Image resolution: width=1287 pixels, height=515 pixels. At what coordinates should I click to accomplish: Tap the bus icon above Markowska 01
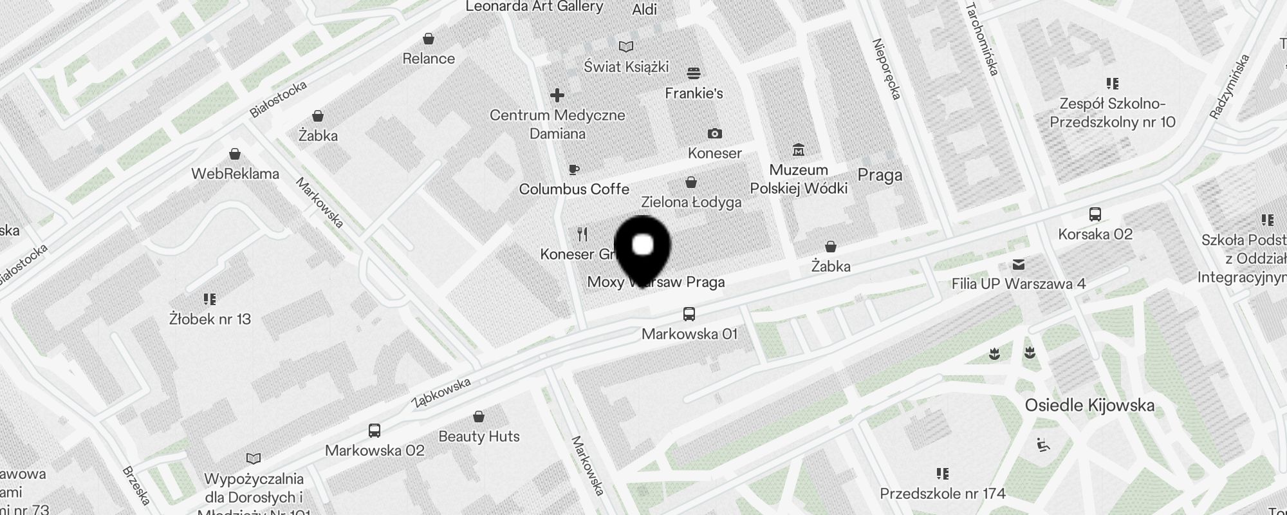point(689,314)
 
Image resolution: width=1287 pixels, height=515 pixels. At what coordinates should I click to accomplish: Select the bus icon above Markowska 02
point(375,430)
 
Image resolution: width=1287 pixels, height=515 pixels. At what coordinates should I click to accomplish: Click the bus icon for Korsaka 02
point(1095,214)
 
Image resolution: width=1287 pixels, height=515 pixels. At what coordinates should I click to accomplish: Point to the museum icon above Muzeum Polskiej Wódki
point(799,149)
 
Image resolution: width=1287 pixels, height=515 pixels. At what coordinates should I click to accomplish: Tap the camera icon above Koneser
point(714,133)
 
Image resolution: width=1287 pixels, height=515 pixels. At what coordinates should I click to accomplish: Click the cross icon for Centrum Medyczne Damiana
point(557,95)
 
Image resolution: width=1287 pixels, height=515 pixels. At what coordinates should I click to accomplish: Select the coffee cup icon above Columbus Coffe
point(573,169)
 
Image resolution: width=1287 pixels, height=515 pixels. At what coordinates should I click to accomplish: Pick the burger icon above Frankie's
point(693,73)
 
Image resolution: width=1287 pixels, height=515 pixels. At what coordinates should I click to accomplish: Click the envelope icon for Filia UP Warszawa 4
point(1018,264)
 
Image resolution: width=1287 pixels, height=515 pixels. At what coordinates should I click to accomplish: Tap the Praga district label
point(880,175)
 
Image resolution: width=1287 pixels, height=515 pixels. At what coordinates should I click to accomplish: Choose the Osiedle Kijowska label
point(1089,406)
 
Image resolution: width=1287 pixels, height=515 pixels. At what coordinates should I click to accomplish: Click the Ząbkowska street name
point(441,392)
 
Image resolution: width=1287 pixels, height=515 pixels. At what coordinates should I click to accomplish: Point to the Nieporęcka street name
point(886,70)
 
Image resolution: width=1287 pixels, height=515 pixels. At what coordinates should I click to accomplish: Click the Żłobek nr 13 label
point(210,319)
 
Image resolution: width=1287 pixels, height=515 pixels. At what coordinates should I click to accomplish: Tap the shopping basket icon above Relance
point(429,39)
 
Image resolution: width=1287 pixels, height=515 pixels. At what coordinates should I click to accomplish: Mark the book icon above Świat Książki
point(626,46)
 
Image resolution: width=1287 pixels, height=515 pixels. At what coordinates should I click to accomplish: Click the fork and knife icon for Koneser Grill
point(582,234)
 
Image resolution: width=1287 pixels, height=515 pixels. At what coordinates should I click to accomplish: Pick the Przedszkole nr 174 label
point(942,494)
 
